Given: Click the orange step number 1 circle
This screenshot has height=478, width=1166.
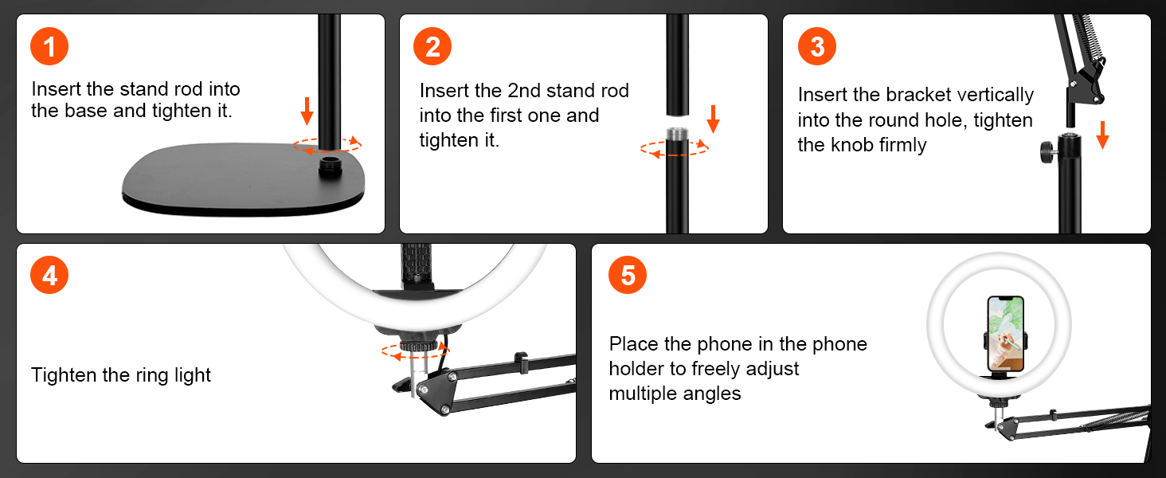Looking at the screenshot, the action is click(49, 46).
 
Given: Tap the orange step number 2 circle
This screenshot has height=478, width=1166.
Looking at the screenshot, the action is click(432, 46).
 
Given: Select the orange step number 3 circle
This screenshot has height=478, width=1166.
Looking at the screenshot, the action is click(817, 46).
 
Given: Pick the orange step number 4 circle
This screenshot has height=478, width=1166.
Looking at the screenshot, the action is click(49, 275).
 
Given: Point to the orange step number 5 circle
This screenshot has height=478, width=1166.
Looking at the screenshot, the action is click(628, 275).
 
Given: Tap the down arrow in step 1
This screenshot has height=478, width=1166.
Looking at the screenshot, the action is click(307, 111).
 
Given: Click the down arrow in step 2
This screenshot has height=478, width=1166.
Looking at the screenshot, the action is click(713, 119).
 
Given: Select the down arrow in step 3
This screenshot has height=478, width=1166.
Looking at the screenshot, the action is click(1102, 135).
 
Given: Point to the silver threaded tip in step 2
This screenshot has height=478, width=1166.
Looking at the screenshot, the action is click(677, 133).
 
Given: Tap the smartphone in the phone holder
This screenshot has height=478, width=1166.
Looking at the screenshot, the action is click(1006, 334).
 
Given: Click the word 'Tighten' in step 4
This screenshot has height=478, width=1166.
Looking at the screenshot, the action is click(64, 375).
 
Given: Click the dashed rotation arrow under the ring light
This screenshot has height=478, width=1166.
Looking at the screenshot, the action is click(415, 351).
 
